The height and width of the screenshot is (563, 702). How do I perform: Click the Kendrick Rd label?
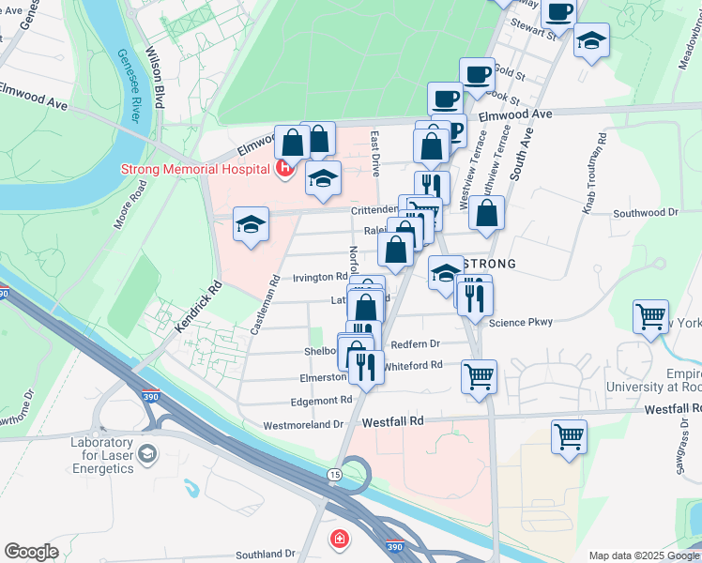[x=194, y=309]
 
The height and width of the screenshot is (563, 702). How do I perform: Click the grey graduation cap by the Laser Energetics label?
[x=146, y=456]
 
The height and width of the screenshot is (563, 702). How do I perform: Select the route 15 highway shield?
[x=335, y=476]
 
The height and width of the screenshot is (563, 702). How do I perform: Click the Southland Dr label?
[x=266, y=554]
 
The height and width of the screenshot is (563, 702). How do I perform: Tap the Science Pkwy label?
[x=521, y=322]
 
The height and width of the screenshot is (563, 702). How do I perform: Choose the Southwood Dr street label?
[x=645, y=213]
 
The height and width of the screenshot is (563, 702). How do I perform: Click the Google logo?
[x=32, y=552]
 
